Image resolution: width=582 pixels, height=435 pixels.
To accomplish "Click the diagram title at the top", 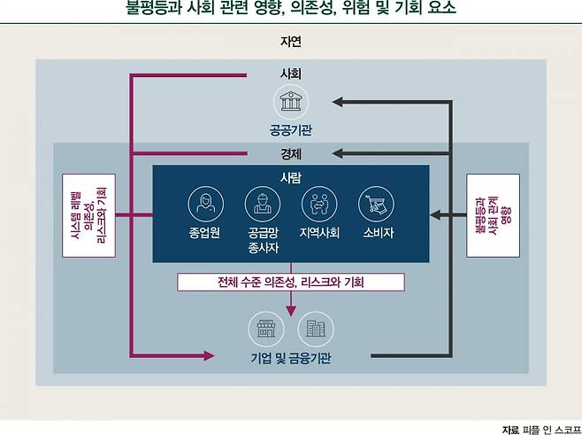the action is (x=290, y=10).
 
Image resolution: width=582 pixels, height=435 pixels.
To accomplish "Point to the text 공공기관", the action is (x=290, y=130).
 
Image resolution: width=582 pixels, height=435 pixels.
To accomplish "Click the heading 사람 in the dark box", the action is (x=290, y=177).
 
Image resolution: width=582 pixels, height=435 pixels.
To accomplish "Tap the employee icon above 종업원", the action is (x=204, y=204).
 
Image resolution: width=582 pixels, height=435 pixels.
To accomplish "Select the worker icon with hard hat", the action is (x=261, y=204).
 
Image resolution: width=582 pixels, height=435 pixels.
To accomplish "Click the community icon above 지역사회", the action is (x=318, y=204).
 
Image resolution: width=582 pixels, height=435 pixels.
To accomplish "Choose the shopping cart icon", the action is (x=375, y=204).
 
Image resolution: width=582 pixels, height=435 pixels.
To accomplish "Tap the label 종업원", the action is (x=204, y=233).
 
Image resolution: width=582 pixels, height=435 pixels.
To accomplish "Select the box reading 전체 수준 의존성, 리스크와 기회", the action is (x=290, y=283).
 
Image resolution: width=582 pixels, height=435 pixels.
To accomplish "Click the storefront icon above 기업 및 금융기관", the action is (x=263, y=330).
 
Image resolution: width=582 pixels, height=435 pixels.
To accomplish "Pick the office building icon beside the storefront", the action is (x=315, y=330).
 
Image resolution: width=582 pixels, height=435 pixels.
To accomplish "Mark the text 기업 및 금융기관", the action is (x=290, y=358).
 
